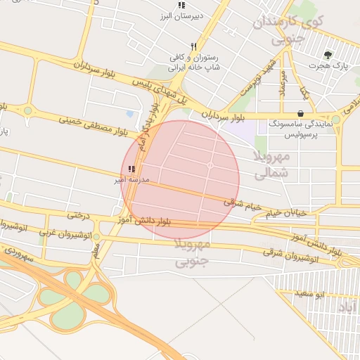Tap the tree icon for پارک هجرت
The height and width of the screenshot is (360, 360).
click(x=328, y=55)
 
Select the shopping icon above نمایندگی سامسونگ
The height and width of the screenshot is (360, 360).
click(x=301, y=113)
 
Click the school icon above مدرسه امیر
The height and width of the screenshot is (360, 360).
click(x=131, y=169)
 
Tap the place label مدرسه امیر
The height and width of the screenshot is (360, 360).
click(x=131, y=180)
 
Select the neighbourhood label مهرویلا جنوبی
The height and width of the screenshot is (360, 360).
click(x=192, y=253)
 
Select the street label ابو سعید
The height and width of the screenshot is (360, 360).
click(x=329, y=293)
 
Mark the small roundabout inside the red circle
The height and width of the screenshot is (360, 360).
click(x=210, y=165)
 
